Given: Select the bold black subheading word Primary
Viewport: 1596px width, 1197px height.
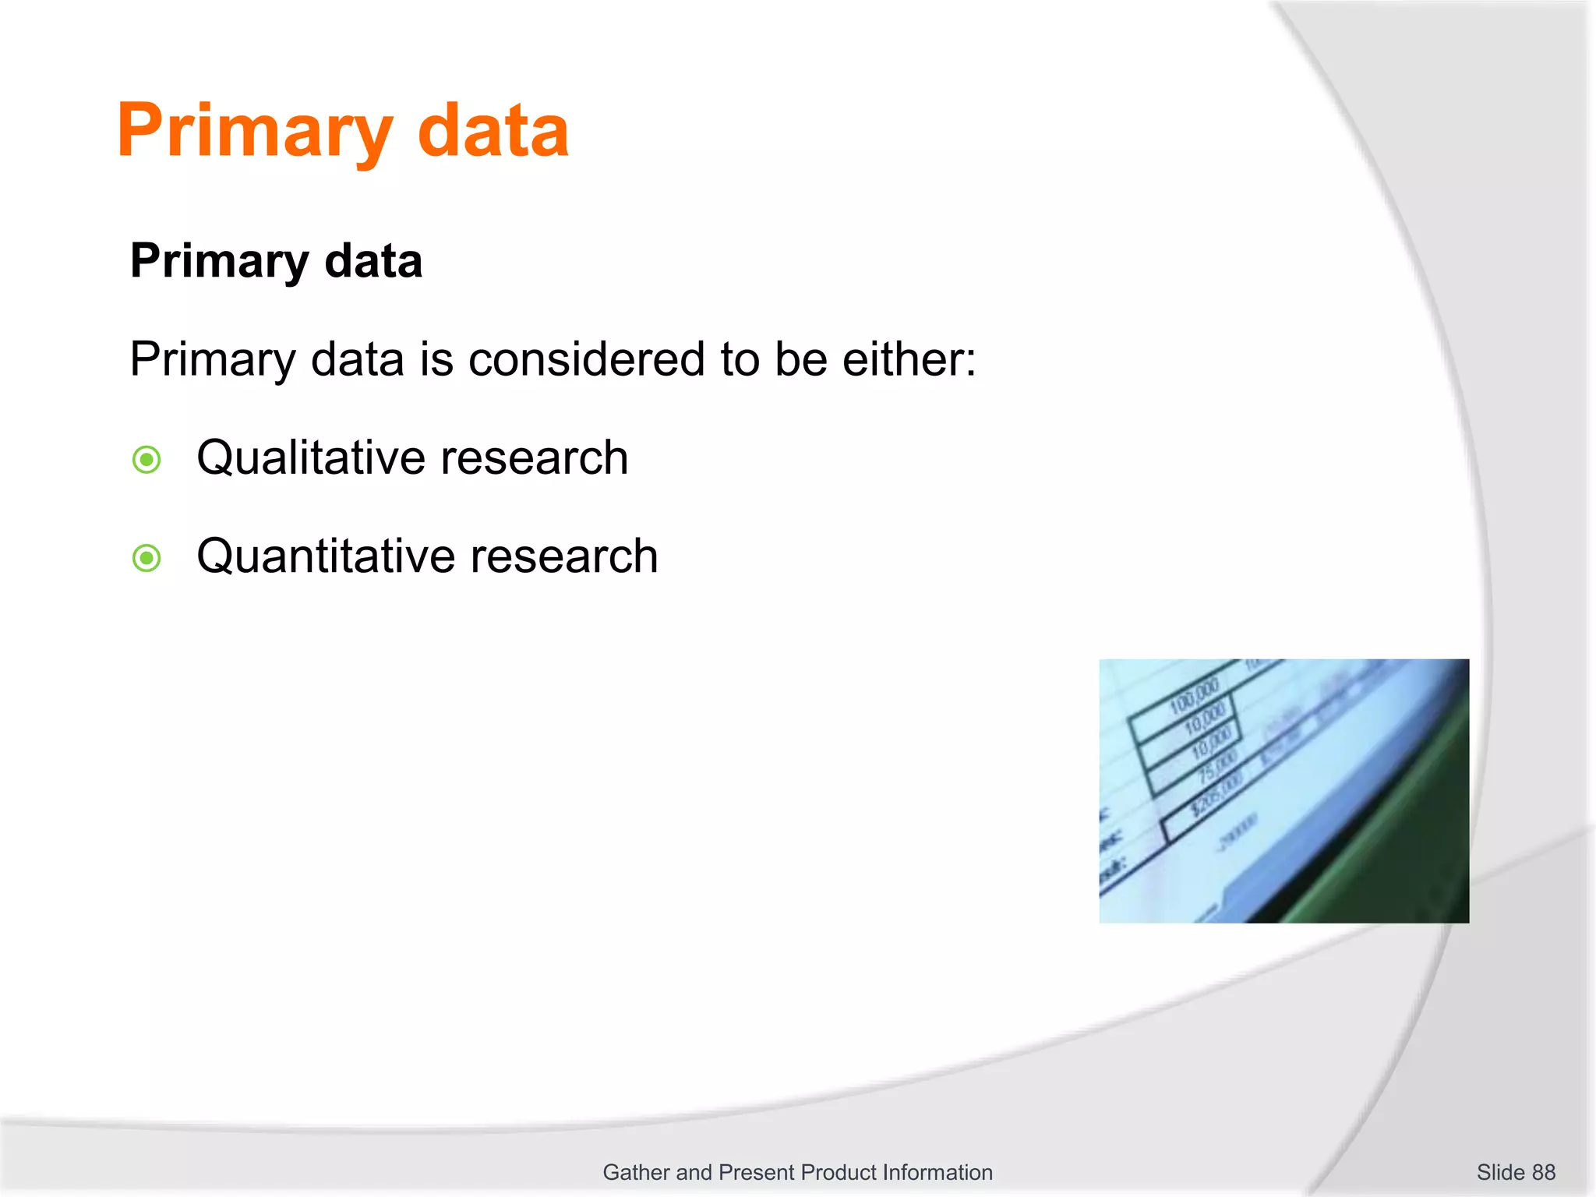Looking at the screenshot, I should (x=219, y=261).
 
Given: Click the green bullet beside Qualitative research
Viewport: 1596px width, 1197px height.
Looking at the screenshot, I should (x=147, y=460).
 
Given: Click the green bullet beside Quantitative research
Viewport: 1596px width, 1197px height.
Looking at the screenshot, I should (x=147, y=558).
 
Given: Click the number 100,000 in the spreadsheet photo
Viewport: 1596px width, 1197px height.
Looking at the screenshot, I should (x=1195, y=695).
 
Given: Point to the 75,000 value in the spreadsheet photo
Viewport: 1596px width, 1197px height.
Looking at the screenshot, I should (x=1216, y=768).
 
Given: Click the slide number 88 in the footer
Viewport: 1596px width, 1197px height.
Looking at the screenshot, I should (x=1543, y=1172).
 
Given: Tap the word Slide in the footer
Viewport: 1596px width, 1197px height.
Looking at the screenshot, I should (x=1500, y=1172).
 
